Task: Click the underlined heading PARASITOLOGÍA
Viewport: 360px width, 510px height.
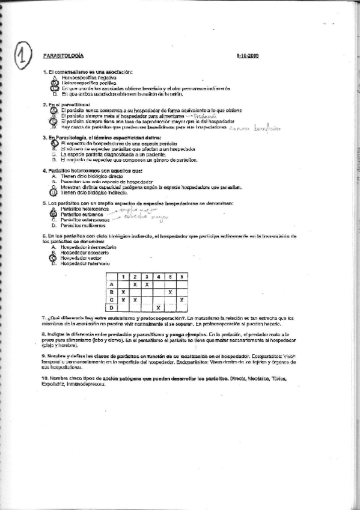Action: [x=63, y=55]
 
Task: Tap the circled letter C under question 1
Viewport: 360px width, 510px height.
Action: [x=53, y=88]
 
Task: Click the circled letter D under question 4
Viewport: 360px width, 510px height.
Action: [x=53, y=193]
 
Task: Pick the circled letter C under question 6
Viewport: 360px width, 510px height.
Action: [x=53, y=258]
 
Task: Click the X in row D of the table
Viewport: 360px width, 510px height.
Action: [x=157, y=308]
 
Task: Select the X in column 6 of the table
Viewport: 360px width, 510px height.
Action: [x=182, y=300]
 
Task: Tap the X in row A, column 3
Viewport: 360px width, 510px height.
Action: [x=147, y=284]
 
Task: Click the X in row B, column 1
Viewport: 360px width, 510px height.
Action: [x=123, y=292]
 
